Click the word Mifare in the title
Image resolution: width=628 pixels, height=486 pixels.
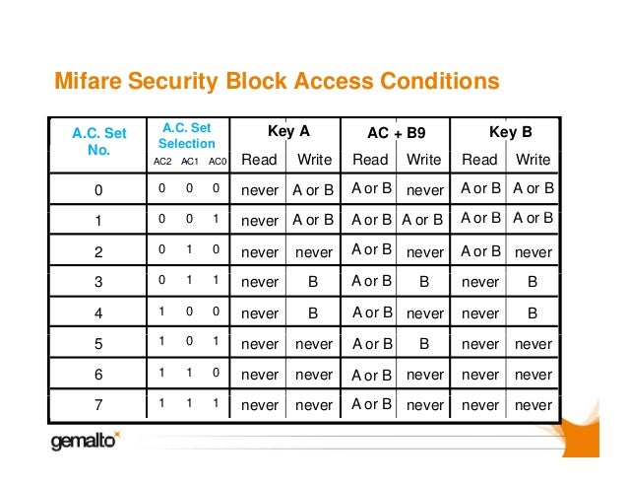pyautogui.click(x=86, y=80)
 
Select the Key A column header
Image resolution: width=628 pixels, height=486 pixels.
pyautogui.click(x=288, y=130)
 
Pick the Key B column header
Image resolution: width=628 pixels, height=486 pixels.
pyautogui.click(x=510, y=130)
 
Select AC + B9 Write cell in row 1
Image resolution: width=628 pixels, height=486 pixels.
pyautogui.click(x=424, y=220)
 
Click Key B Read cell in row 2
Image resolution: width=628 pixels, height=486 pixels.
pyautogui.click(x=481, y=251)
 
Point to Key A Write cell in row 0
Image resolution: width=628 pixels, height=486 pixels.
pyautogui.click(x=313, y=188)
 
